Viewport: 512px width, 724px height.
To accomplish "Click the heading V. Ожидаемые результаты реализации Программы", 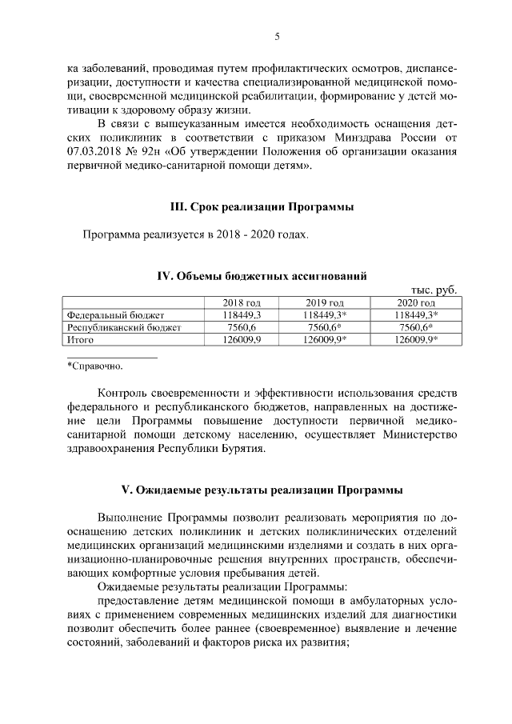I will [x=262, y=488].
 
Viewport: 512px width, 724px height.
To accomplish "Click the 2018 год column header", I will [x=242, y=303].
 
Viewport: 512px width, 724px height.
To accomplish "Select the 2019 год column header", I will [x=325, y=303].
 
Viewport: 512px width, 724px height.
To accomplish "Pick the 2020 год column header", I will [x=416, y=303].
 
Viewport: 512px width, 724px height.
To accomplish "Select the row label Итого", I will [x=81, y=339].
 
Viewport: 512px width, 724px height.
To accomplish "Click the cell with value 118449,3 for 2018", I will [x=242, y=315].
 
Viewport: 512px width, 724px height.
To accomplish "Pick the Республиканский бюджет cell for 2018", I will [x=242, y=327].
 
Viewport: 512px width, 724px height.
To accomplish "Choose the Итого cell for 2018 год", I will [x=242, y=339].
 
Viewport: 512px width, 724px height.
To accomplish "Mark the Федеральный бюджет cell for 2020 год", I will [x=418, y=315].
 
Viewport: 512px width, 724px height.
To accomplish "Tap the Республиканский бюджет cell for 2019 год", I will [x=326, y=327].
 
